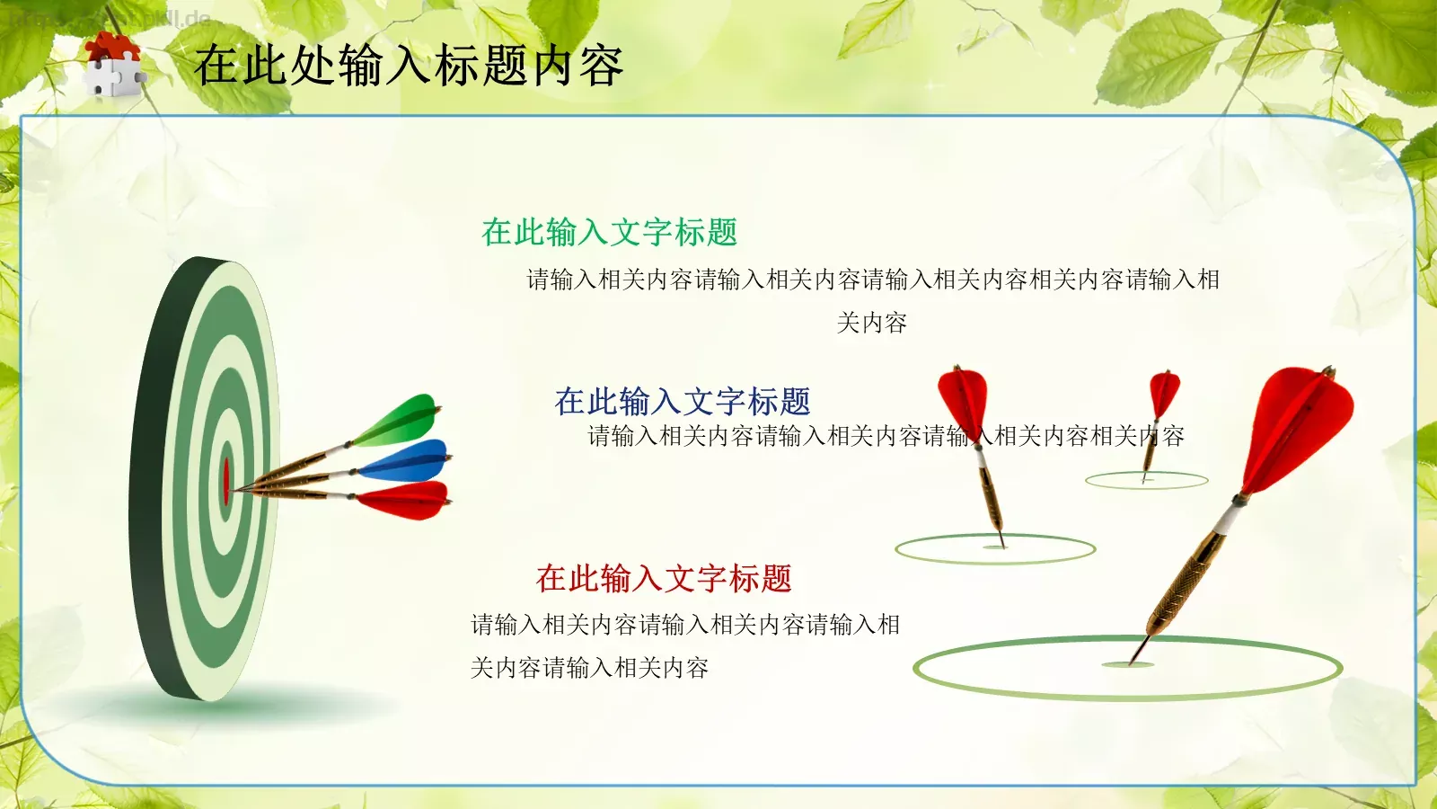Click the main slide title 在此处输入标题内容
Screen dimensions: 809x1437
coord(409,66)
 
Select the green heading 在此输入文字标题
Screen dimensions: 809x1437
coord(609,233)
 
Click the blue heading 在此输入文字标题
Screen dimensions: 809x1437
coord(683,401)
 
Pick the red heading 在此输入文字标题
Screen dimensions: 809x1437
coord(664,578)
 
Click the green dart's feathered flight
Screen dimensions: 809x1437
coord(400,421)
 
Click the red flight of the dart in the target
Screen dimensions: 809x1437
coord(404,500)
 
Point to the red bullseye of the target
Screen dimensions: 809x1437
coord(226,482)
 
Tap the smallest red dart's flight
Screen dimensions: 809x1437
coord(1164,394)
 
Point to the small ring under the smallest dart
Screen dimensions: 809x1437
coord(1146,481)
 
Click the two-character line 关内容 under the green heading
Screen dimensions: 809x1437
coord(871,323)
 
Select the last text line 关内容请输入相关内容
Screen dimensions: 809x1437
coord(589,668)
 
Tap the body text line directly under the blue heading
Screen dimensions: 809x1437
coord(886,437)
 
